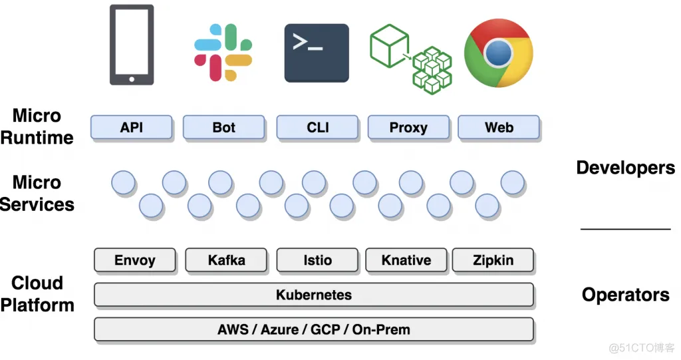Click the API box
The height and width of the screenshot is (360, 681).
pyautogui.click(x=132, y=128)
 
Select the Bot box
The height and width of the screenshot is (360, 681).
pyautogui.click(x=224, y=128)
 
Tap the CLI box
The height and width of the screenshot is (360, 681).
pyautogui.click(x=318, y=128)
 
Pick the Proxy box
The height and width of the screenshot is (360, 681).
pyautogui.click(x=408, y=128)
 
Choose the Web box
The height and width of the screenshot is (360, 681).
pyautogui.click(x=499, y=128)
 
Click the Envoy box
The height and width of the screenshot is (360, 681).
pyautogui.click(x=135, y=260)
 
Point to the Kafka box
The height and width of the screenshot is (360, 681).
pyautogui.click(x=226, y=260)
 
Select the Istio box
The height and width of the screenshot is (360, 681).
pyautogui.click(x=317, y=260)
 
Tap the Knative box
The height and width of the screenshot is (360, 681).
pyautogui.click(x=406, y=260)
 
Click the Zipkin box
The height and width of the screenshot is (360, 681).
pyautogui.click(x=493, y=260)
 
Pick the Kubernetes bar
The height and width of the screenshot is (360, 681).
pyautogui.click(x=314, y=295)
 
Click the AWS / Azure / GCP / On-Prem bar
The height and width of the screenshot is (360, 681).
pyautogui.click(x=314, y=329)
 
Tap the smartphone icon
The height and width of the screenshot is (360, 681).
pyautogui.click(x=132, y=45)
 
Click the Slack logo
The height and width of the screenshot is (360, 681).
pyautogui.click(x=223, y=53)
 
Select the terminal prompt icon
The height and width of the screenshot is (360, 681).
pyautogui.click(x=317, y=53)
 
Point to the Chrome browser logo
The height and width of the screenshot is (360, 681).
pyautogui.click(x=498, y=53)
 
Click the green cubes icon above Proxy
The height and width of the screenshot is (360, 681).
pyautogui.click(x=410, y=59)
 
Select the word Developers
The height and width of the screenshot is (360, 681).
pyautogui.click(x=625, y=168)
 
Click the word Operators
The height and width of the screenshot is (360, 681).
pyautogui.click(x=625, y=295)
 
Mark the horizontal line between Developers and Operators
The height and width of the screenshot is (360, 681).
pyautogui.click(x=625, y=229)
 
